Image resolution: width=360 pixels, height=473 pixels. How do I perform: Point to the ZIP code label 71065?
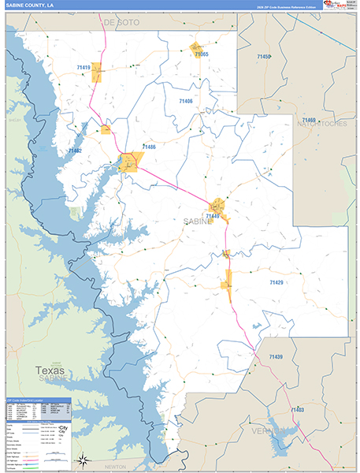(199, 54)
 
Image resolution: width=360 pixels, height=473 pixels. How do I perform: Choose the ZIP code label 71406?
(185, 102)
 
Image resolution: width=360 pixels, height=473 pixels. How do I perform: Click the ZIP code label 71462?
(76, 150)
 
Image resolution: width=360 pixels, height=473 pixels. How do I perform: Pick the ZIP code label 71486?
(148, 147)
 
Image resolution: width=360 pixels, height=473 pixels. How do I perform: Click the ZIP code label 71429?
(277, 281)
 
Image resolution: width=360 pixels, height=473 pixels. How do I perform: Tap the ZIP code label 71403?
(297, 410)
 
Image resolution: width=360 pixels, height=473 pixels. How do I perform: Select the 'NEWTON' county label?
(115, 467)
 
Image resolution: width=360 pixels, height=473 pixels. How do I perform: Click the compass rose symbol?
(81, 459)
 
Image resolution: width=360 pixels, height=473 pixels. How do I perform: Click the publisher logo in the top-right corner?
(338, 6)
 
